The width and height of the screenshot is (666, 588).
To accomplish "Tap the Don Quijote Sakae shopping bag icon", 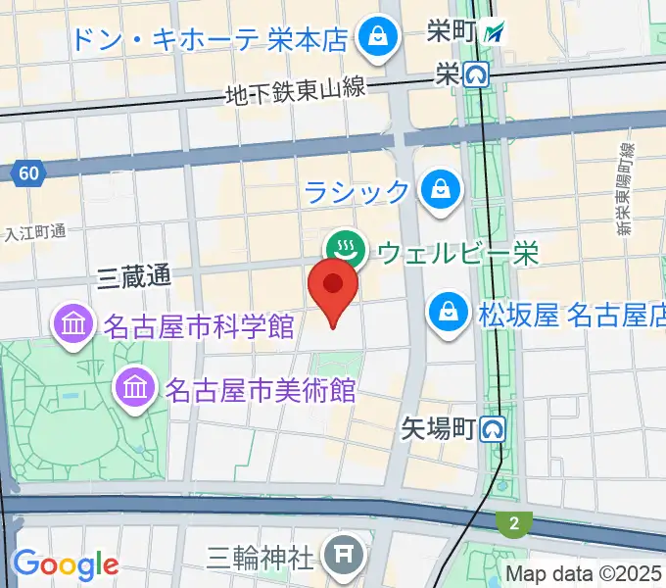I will click(x=374, y=39).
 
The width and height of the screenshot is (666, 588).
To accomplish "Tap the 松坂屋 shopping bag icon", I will click(x=448, y=315).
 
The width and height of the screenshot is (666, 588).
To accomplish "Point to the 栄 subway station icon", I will click(x=477, y=73).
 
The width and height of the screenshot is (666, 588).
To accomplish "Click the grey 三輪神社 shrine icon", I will click(x=343, y=558).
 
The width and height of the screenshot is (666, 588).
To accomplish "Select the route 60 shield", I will click(x=28, y=174).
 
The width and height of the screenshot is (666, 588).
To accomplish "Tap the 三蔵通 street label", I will click(x=134, y=277).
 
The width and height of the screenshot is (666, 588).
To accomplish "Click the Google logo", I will click(x=65, y=564).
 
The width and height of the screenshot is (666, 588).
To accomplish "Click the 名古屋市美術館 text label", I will click(x=261, y=389).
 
